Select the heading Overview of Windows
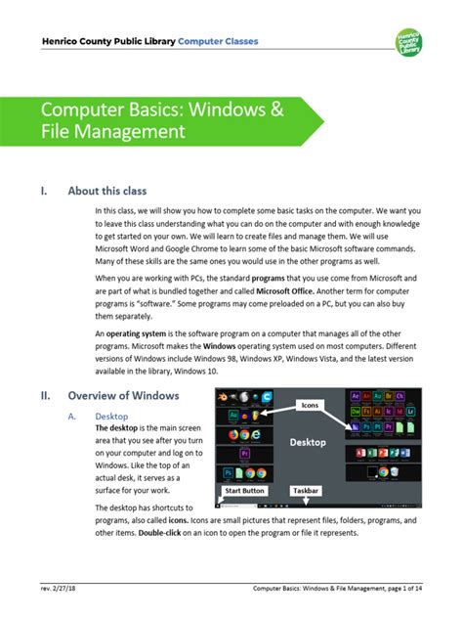[123, 396]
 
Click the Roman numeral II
[45, 396]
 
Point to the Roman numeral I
[43, 191]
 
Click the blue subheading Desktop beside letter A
[110, 415]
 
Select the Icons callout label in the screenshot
[311, 404]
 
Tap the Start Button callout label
[244, 490]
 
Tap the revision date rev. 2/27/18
[60, 589]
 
